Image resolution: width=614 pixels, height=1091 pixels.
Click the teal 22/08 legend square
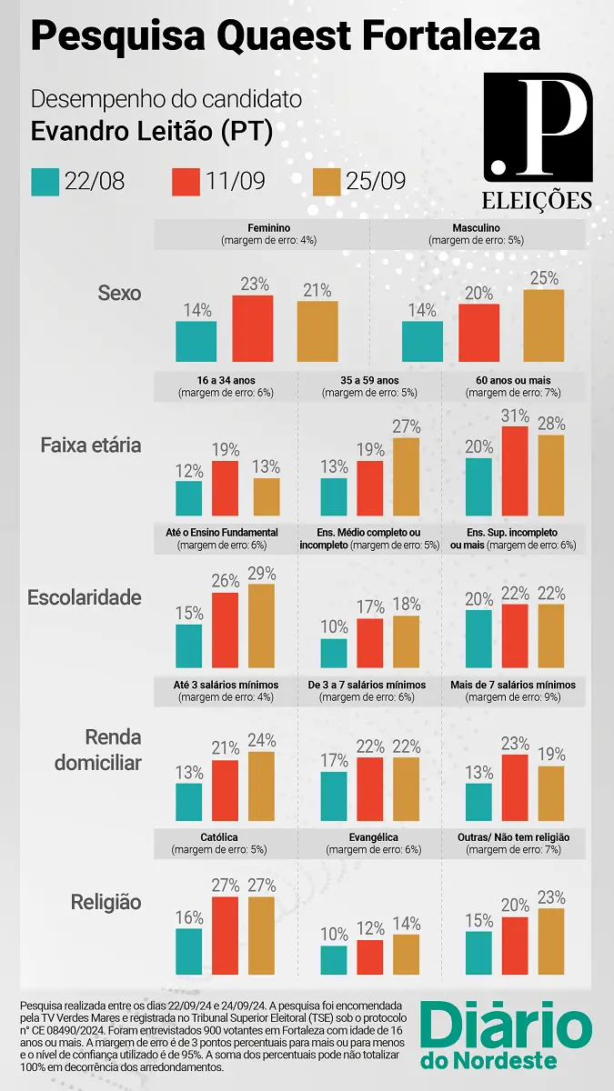pos(45,181)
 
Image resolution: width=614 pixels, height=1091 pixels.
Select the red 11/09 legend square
pos(186,181)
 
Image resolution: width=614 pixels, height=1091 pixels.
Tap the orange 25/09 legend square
pos(327,181)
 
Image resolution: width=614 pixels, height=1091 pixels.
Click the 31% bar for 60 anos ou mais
pos(515,483)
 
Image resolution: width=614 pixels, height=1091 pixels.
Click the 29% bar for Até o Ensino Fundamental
pos(261,626)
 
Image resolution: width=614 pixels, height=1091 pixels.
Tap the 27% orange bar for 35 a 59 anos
pos(407,476)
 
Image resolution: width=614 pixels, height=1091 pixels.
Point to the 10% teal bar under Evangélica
pos(334,959)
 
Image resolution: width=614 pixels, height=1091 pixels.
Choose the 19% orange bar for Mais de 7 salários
pos(551,793)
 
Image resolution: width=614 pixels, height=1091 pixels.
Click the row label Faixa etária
pos(91,445)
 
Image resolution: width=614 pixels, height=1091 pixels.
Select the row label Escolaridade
pos(85,597)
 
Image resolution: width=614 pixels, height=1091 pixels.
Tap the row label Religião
pos(106,902)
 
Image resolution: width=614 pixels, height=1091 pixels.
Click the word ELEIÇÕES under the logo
pos(538,200)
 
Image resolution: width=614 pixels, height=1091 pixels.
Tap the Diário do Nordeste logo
pos(506,1036)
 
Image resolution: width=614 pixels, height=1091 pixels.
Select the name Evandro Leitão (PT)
pos(152,131)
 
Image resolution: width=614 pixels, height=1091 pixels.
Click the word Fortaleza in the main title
pos(449,36)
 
